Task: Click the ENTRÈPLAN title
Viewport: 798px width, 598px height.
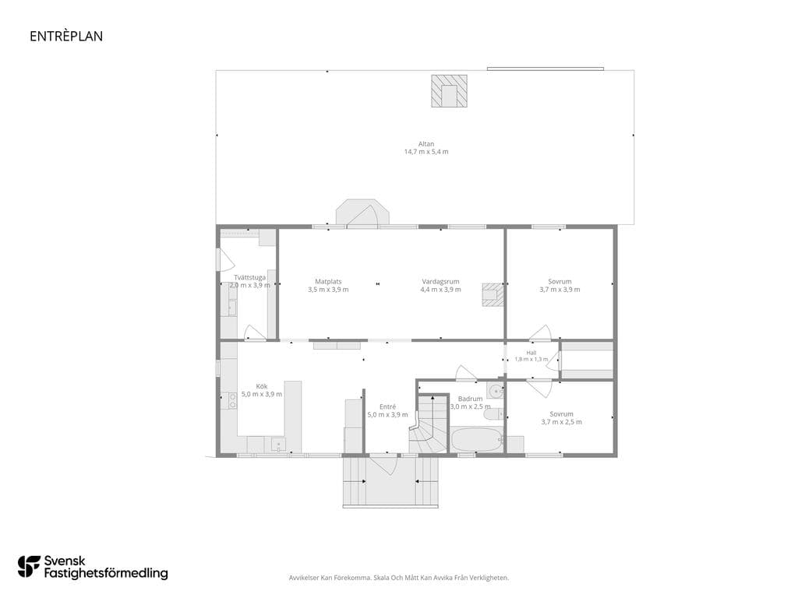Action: pos(66,36)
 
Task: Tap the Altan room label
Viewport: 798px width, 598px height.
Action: pos(426,144)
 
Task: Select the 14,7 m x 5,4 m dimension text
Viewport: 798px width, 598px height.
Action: pos(426,152)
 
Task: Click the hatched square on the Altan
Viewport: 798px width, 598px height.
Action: pos(450,91)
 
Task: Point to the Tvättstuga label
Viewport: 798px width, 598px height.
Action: pos(249,278)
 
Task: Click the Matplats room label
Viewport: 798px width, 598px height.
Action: pos(328,281)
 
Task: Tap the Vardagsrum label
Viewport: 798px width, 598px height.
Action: pos(440,281)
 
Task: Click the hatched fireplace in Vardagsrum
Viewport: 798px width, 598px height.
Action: pos(493,294)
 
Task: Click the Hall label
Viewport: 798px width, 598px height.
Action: pos(531,353)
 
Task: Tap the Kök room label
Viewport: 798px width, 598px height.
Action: pos(262,386)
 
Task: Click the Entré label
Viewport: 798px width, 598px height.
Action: pos(387,406)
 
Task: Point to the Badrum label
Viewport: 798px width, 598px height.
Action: pos(470,399)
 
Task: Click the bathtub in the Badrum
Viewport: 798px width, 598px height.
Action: pos(477,439)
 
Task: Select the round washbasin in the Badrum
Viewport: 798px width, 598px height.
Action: pos(495,391)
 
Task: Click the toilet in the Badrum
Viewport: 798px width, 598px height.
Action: pos(493,415)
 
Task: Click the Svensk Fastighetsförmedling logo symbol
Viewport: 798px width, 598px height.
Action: pos(29,567)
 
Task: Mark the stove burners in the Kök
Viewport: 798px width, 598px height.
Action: pos(232,401)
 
